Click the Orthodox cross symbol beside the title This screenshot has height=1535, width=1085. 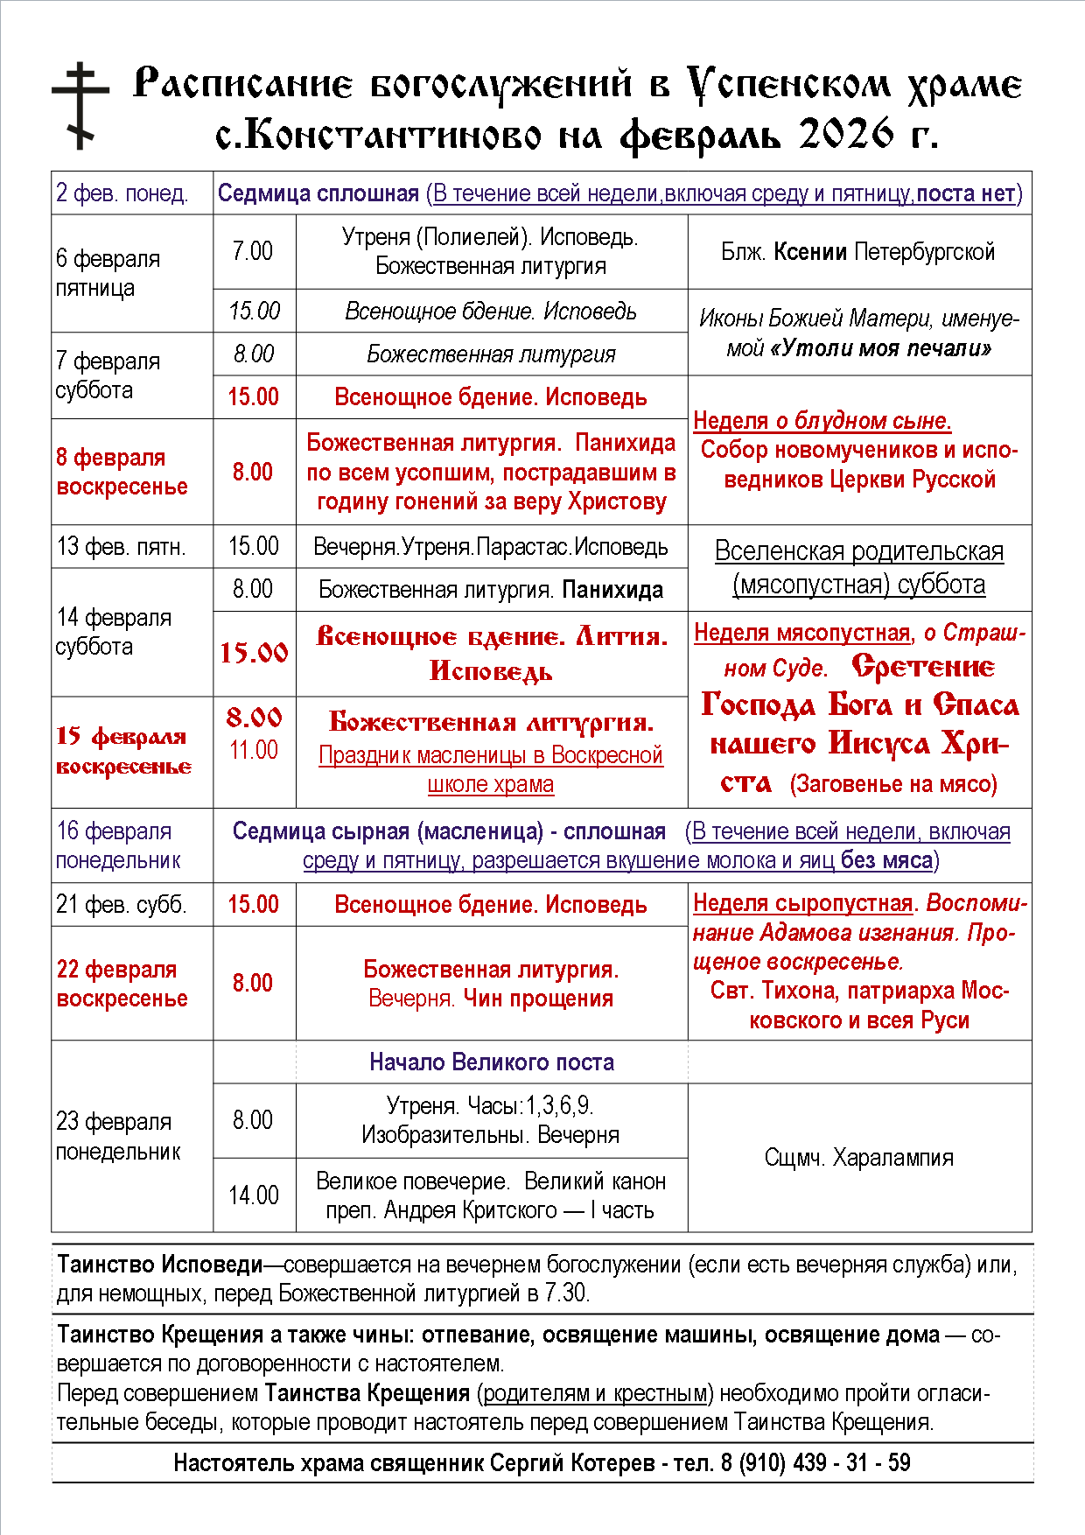click(80, 105)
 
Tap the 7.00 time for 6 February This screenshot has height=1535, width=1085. click(253, 251)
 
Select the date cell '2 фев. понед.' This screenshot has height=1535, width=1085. click(122, 193)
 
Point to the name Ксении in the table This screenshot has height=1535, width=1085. click(810, 252)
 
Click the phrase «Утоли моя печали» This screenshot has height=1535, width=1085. click(881, 348)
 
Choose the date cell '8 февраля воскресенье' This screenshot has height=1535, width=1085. click(122, 472)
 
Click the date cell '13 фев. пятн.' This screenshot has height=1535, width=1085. click(122, 547)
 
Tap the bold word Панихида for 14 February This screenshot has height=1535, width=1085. click(612, 590)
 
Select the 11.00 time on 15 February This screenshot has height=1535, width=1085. click(254, 750)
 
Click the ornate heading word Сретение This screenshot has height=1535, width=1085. click(922, 667)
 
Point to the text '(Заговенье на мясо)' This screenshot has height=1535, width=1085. click(893, 784)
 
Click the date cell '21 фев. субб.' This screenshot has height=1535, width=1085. click(122, 904)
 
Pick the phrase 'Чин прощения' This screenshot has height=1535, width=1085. click(538, 999)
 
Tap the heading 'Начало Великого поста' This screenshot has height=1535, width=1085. click(492, 1062)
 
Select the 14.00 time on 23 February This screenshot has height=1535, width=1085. click(254, 1195)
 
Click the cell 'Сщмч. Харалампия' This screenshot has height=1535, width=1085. click(859, 1158)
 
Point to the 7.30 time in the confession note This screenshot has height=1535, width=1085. click(566, 1293)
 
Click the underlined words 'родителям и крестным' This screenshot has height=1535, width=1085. click(595, 1392)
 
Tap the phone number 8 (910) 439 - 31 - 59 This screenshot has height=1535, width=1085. click(816, 1462)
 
